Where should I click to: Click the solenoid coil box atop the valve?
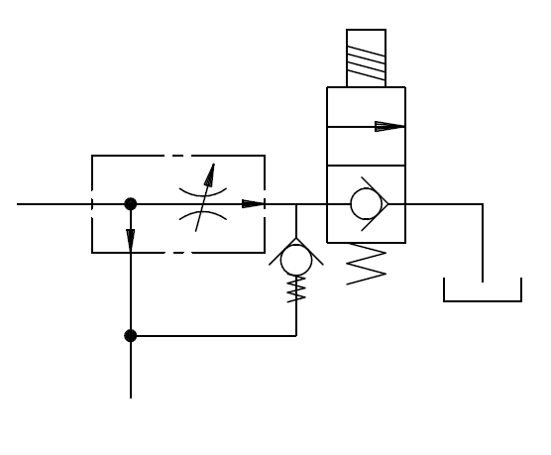[366, 57]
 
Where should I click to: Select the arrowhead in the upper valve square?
[390, 126]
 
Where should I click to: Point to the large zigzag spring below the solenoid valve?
[366, 267]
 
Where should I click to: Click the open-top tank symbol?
[483, 290]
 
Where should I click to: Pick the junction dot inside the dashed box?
[130, 204]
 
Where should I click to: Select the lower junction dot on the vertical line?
[130, 335]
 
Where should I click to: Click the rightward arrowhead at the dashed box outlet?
[254, 204]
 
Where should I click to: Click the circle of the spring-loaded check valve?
[296, 260]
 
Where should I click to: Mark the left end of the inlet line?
[20, 204]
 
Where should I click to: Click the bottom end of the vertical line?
[130, 396]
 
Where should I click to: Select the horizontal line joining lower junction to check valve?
[213, 335]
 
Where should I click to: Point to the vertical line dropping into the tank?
[483, 243]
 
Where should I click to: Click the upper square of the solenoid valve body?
[366, 126]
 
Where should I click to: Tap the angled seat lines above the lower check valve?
[296, 243]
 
